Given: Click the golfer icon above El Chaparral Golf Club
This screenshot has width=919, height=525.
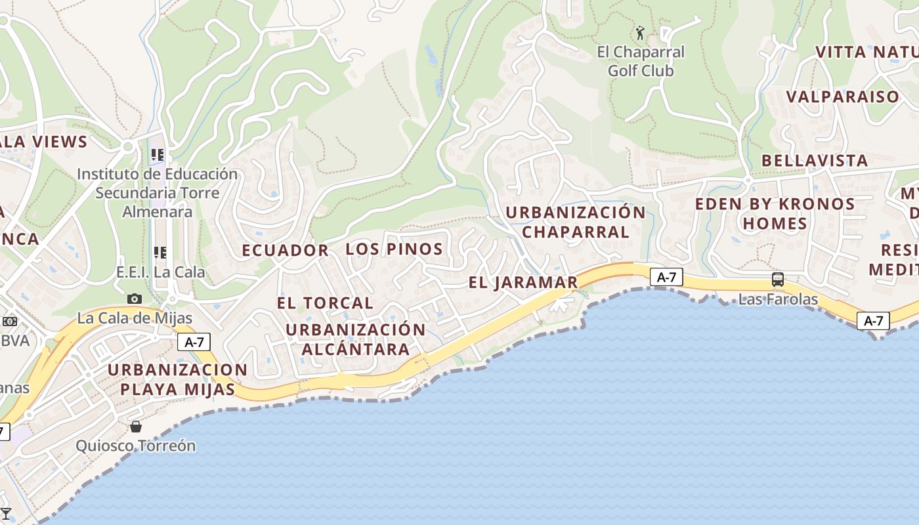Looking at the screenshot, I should (x=640, y=32).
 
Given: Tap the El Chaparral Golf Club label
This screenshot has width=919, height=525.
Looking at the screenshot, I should (x=640, y=61).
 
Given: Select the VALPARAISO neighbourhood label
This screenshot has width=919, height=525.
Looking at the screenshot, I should (x=843, y=96).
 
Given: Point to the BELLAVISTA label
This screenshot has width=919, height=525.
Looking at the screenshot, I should (x=815, y=160).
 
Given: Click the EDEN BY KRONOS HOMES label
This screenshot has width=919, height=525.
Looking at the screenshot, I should (x=775, y=213).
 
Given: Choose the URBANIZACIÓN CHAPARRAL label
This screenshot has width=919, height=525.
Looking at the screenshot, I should (x=576, y=222).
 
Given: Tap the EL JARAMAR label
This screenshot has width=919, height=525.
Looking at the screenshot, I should (x=523, y=282).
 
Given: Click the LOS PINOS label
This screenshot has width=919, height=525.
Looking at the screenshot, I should (x=394, y=249).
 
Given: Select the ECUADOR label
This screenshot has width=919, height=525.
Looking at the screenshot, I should (x=285, y=250).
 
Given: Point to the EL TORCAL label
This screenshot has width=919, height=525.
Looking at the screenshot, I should (x=325, y=303).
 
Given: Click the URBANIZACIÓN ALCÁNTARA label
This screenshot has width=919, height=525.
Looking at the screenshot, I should (x=356, y=339).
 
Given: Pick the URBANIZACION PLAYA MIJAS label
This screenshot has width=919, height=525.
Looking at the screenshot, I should (x=177, y=379).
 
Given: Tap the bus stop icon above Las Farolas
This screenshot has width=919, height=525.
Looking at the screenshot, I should (x=778, y=280).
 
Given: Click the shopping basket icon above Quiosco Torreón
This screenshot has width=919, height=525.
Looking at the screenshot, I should (x=136, y=427).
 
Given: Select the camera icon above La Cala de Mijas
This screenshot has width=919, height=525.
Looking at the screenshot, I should (x=135, y=299).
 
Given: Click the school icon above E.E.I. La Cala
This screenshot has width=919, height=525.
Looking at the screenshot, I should (x=160, y=252).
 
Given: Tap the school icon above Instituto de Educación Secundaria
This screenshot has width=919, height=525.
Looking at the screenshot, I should (x=158, y=155).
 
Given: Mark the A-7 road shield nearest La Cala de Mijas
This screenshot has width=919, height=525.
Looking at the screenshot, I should (x=193, y=341).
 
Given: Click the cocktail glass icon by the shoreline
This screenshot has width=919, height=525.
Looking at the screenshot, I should (x=6, y=513).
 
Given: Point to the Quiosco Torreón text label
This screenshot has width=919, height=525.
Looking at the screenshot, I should (x=136, y=446).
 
